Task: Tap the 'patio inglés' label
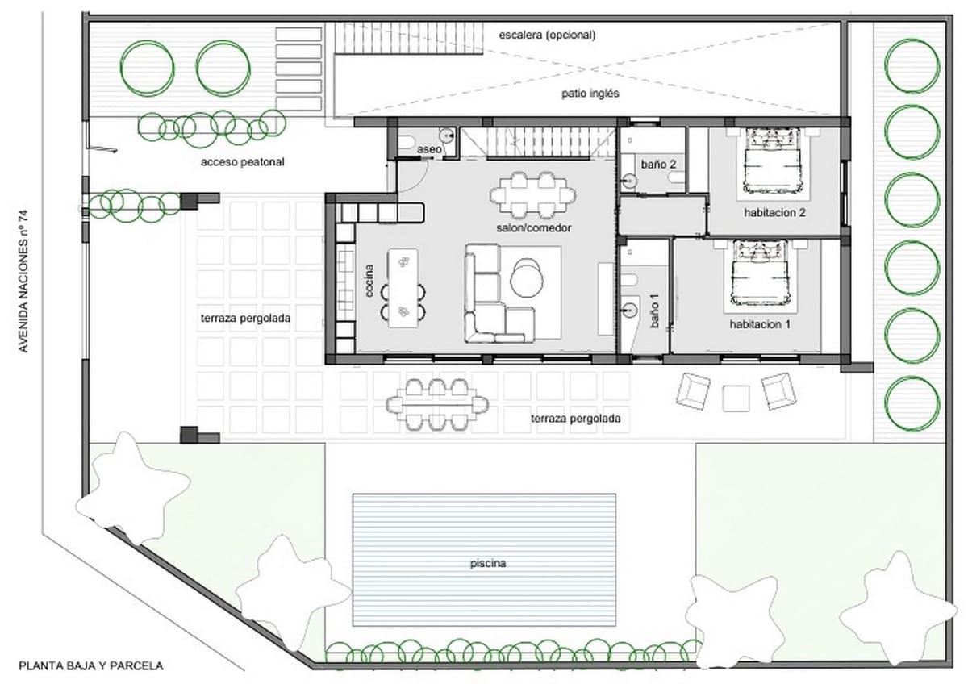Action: point(590,94)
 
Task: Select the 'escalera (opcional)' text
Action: point(547,35)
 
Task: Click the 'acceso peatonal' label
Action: point(243,162)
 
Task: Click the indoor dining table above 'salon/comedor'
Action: point(533,194)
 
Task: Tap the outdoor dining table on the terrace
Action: point(436,402)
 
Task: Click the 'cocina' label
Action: point(369,280)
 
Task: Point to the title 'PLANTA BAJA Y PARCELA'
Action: point(91,666)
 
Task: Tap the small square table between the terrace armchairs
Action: point(736,398)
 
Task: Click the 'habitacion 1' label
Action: point(760,324)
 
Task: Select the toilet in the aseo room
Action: point(406,144)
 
